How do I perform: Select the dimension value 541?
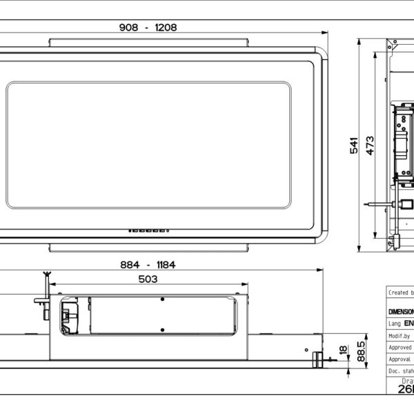point(354,146)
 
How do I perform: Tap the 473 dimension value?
point(371,146)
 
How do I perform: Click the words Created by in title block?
point(400,293)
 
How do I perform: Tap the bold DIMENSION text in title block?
point(401,311)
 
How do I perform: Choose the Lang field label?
point(394,323)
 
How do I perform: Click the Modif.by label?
point(400,336)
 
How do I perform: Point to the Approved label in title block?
point(400,347)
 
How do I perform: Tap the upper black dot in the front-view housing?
point(162,299)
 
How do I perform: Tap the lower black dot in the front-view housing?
point(162,328)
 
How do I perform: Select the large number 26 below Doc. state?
point(404,389)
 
